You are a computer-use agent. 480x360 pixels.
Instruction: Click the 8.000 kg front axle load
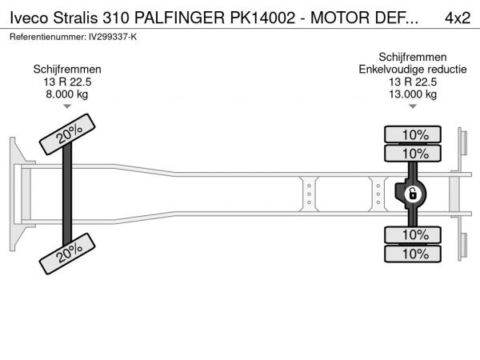[67, 94]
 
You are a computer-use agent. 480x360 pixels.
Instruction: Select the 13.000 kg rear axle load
[413, 94]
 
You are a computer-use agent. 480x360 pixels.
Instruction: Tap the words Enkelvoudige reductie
[413, 70]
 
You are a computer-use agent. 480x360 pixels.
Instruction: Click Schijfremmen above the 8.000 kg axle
[67, 70]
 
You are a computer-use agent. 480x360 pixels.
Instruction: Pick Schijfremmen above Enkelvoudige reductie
[413, 58]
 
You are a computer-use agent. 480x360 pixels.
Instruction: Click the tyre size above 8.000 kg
[67, 82]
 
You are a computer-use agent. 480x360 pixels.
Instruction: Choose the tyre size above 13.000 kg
[413, 82]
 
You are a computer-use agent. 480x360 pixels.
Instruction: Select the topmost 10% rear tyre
[414, 134]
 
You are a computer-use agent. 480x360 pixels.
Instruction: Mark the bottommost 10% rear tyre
[414, 254]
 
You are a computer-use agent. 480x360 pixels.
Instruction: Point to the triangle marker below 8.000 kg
[67, 106]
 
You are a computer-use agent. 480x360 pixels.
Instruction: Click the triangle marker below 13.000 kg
[413, 106]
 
